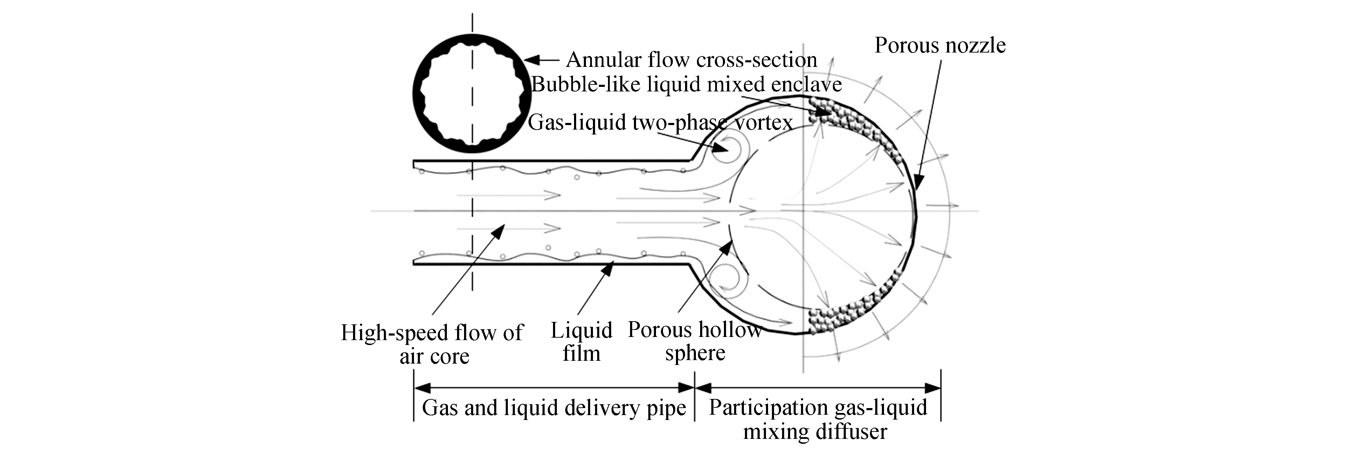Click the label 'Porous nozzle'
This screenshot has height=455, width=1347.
940,46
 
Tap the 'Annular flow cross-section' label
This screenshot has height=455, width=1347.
691,60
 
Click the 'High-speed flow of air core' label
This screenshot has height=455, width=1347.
431,344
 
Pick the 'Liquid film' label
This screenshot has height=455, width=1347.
581,342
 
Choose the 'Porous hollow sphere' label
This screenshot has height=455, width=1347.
695,341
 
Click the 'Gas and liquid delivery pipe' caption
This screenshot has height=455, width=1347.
554,408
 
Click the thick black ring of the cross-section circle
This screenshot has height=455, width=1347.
417,94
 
